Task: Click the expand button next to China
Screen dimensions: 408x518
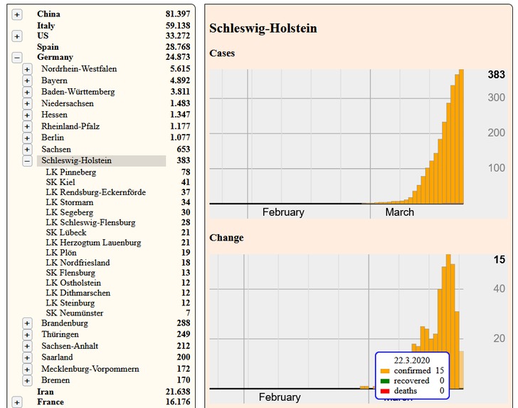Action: (17, 14)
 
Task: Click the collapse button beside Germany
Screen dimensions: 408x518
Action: (17, 58)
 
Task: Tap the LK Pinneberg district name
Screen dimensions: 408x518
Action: (70, 172)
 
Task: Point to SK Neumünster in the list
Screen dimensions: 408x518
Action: (74, 313)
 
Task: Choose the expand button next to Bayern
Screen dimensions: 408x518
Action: (27, 81)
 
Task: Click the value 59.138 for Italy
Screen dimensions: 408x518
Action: (177, 26)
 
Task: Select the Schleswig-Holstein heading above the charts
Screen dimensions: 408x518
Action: (263, 28)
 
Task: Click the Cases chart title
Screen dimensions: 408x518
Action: (222, 53)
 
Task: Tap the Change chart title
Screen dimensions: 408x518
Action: (226, 238)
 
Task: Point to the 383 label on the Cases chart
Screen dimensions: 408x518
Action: (496, 75)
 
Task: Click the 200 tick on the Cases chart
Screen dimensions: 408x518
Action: (496, 132)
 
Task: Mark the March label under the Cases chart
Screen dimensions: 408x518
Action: (399, 212)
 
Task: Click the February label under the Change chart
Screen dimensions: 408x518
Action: (280, 397)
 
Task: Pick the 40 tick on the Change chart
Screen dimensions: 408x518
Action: (499, 288)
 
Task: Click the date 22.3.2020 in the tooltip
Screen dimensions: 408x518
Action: (412, 360)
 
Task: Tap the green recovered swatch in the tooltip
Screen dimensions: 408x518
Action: (385, 381)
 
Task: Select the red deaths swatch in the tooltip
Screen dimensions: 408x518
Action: (385, 391)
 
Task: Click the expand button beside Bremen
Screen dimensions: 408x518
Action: (27, 381)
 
